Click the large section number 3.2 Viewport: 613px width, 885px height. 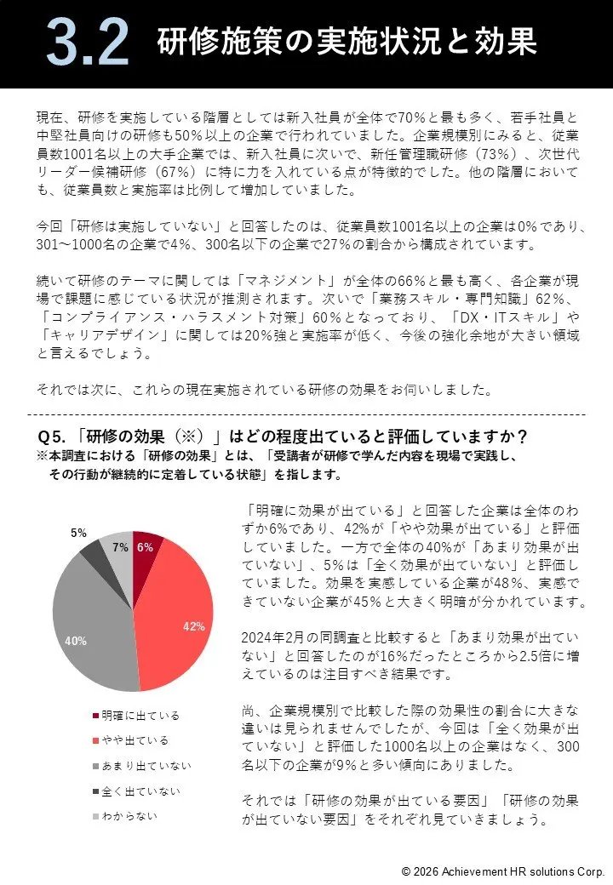[88, 43]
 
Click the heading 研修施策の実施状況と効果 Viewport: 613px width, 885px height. [347, 42]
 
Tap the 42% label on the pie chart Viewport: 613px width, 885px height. [194, 626]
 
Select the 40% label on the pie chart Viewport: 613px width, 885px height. [76, 641]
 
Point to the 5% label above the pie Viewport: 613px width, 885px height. [78, 533]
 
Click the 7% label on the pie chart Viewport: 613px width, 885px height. [120, 548]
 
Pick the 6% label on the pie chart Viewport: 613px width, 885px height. [145, 548]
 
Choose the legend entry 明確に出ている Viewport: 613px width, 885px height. [135, 716]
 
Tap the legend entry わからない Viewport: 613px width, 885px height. [129, 817]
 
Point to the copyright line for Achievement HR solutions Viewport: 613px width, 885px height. [502, 871]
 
